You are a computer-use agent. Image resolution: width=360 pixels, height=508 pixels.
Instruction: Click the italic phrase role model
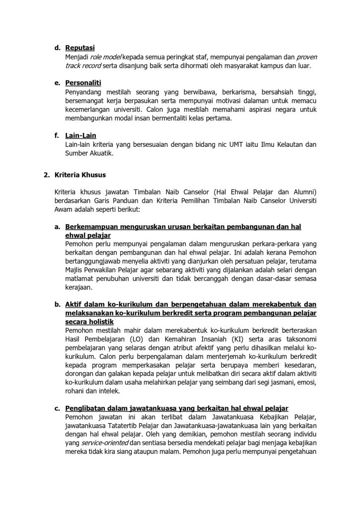[106, 57]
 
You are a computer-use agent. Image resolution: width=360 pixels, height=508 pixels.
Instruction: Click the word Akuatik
[101, 153]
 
